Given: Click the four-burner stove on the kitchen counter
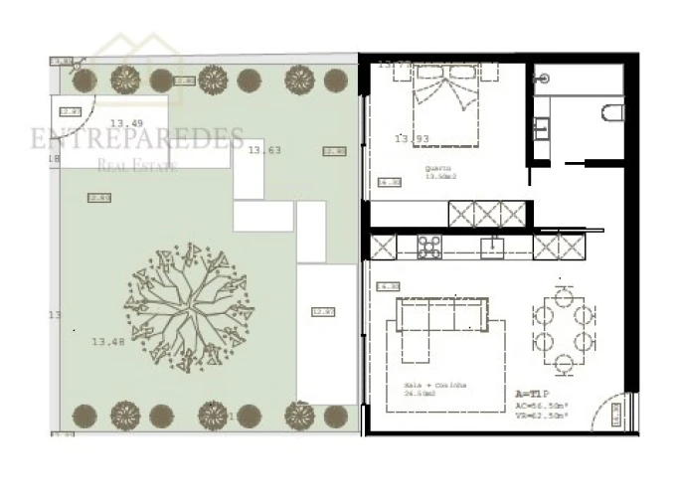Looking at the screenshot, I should click(x=428, y=247).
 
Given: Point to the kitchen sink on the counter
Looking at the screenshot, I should click(x=492, y=247).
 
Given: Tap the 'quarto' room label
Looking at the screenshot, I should click(x=438, y=168).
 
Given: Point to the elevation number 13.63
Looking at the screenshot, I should click(x=264, y=150).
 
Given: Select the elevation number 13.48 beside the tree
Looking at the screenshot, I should click(x=108, y=341).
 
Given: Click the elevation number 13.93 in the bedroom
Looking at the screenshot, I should click(x=411, y=139).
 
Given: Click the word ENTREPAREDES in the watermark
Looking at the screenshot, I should click(x=136, y=139).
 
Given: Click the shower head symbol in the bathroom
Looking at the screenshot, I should click(x=543, y=78).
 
